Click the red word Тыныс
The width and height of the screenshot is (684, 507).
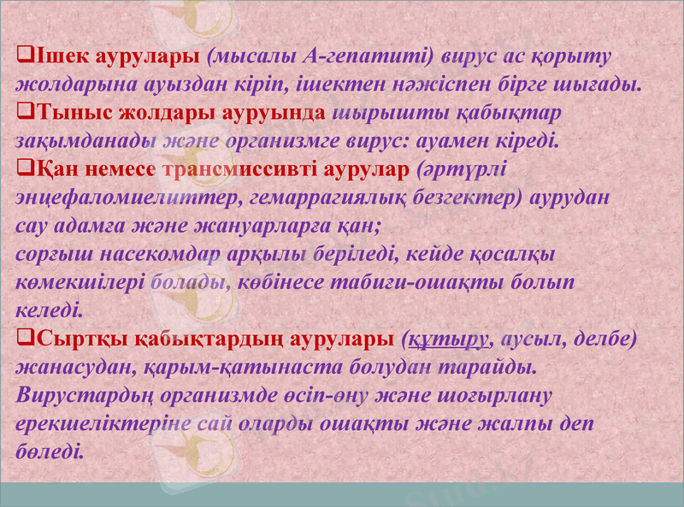(64, 113)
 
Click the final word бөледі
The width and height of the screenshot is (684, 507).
(50, 451)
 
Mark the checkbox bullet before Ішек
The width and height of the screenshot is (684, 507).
(24, 57)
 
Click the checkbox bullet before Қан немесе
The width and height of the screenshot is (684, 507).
(24, 168)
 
